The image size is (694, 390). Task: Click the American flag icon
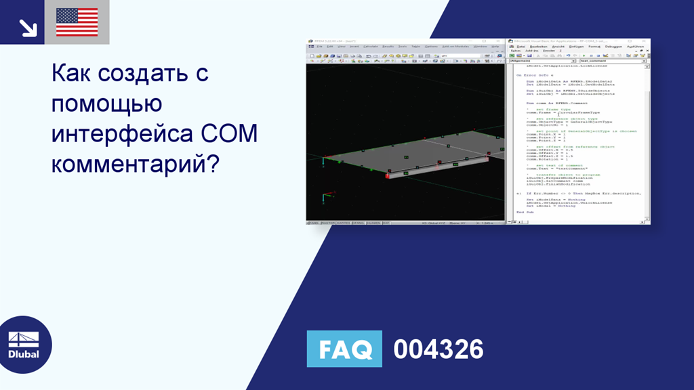[77, 22]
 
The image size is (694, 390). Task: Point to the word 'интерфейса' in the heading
[125, 133]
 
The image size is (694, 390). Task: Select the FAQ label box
[344, 349]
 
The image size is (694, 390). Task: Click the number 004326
[438, 349]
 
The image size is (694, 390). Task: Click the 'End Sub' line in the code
[525, 212]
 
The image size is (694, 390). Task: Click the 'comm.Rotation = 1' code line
[545, 159]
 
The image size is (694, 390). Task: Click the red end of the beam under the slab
[388, 176]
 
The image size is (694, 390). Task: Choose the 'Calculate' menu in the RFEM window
[370, 47]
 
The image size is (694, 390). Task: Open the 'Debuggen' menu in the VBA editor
[613, 47]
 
